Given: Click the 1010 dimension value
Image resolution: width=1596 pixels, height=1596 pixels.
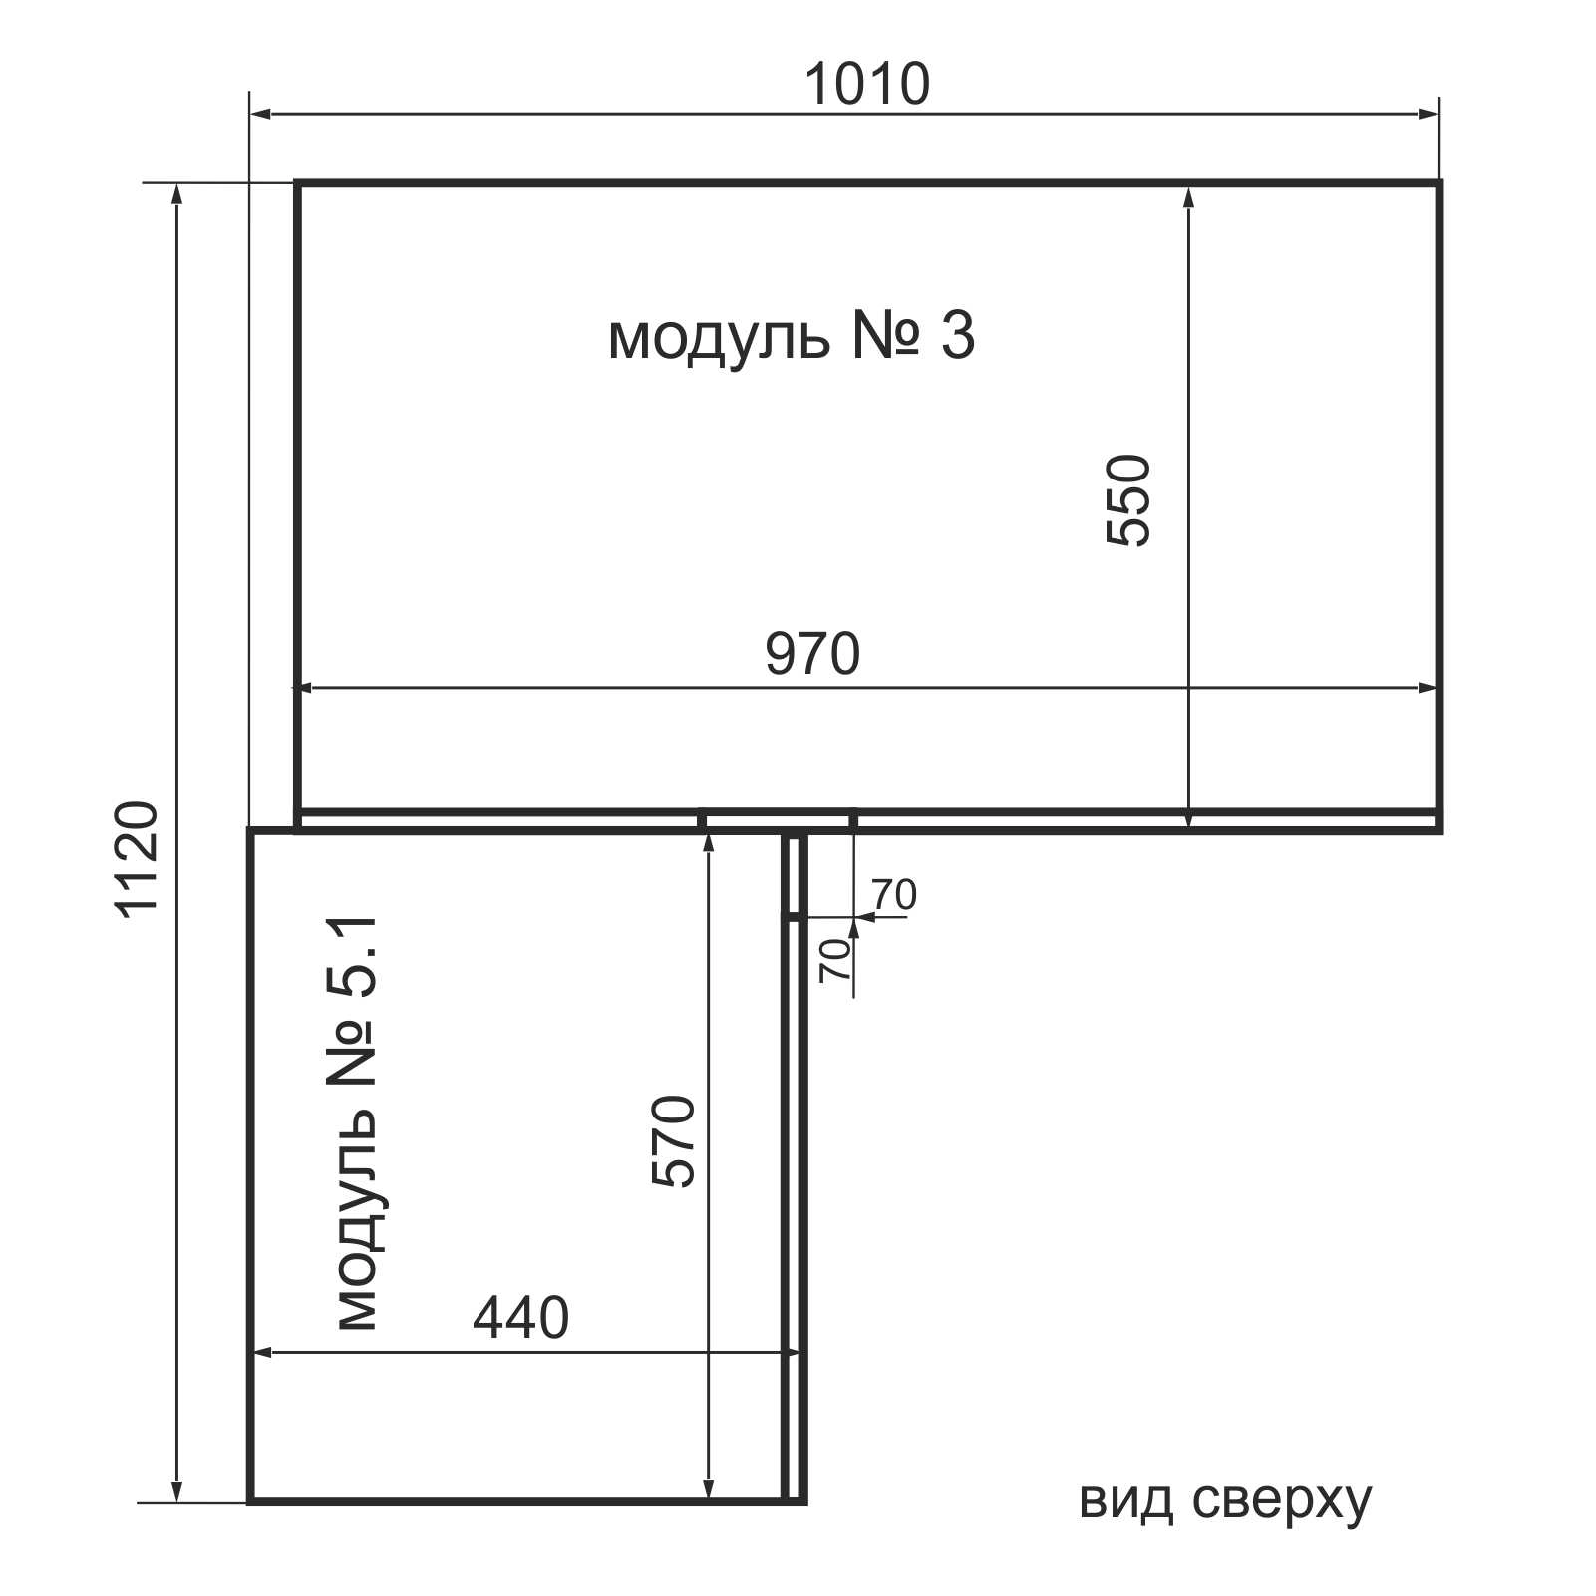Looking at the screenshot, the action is click(x=866, y=84).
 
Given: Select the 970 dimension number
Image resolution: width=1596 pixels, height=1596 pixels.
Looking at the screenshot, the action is click(x=812, y=654).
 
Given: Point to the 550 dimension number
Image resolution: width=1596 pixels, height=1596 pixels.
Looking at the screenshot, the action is click(x=1128, y=499).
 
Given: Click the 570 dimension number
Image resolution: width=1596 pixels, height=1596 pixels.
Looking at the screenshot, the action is click(x=673, y=1141).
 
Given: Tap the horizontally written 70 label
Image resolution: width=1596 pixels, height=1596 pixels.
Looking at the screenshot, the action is click(x=894, y=895).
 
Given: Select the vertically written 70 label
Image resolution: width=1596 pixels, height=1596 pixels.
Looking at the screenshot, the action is click(x=835, y=960).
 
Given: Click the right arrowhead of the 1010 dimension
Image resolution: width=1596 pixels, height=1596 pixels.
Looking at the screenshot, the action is click(x=1428, y=115).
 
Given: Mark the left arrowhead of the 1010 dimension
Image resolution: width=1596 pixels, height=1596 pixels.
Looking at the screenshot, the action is click(x=262, y=115).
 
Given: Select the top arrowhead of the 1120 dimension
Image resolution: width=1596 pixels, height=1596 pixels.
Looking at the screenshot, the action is click(x=178, y=197).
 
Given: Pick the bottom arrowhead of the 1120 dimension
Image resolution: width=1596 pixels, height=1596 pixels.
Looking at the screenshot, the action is click(x=178, y=1488).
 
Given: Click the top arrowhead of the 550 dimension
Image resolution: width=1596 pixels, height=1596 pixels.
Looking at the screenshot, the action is click(x=1188, y=197).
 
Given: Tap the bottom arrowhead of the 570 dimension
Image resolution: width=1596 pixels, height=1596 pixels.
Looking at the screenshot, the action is click(x=708, y=1488).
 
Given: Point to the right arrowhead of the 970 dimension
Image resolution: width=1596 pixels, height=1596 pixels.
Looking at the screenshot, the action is click(x=1427, y=688).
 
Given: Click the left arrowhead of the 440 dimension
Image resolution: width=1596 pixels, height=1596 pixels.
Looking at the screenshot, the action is click(x=264, y=1353).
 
